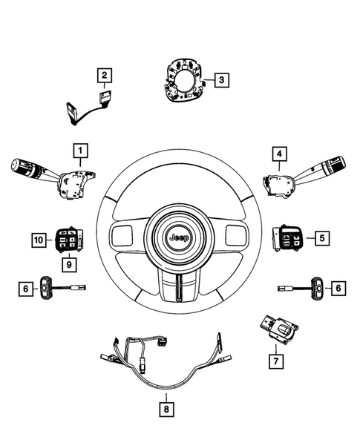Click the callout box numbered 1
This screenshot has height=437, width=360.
(78, 151)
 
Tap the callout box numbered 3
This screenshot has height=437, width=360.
(220, 79)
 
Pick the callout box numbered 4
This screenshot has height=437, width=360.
(278, 154)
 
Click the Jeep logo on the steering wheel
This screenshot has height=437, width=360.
(179, 238)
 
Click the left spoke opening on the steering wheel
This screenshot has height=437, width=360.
(124, 237)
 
